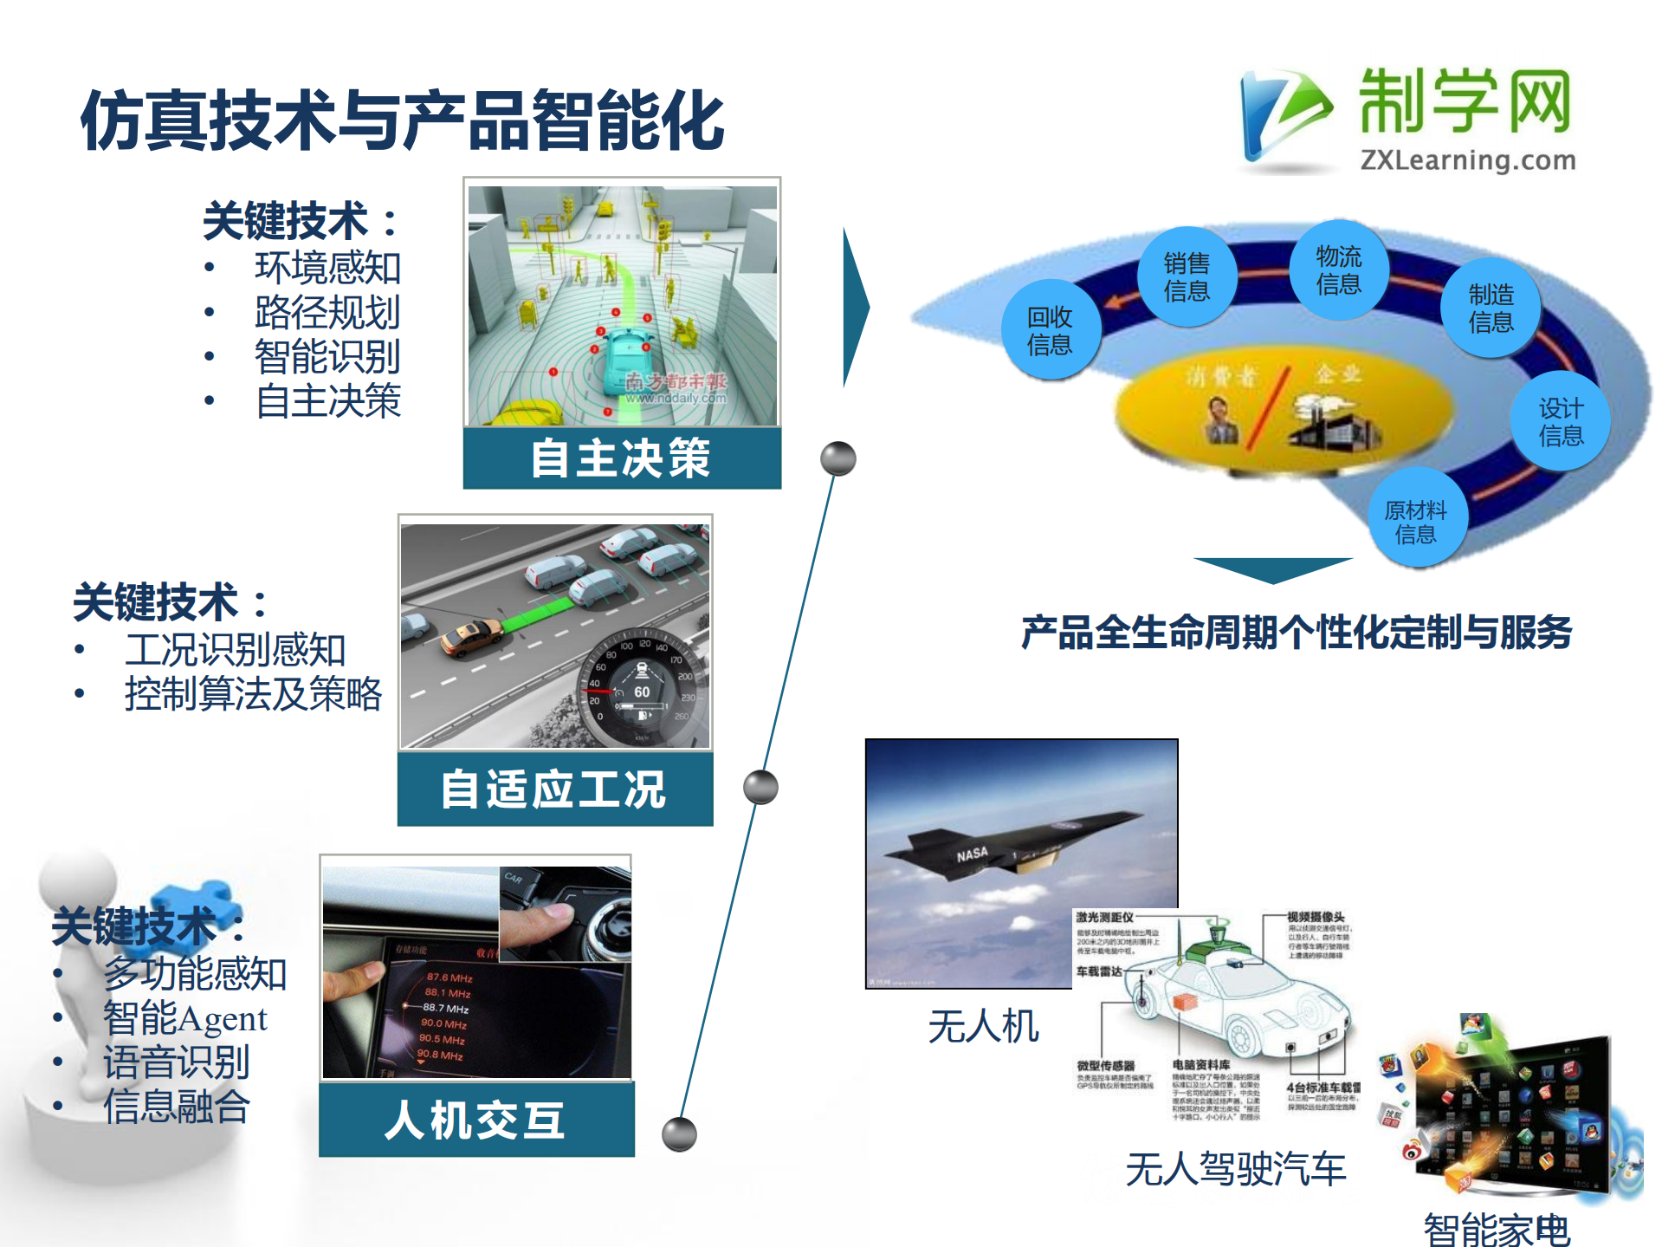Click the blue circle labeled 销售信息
pyautogui.click(x=1187, y=276)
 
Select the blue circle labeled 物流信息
pyautogui.click(x=1338, y=270)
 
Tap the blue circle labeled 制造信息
pyautogui.click(x=1491, y=308)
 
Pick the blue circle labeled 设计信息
pyautogui.click(x=1561, y=421)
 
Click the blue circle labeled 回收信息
pyautogui.click(x=1050, y=330)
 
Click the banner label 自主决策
pyautogui.click(x=621, y=458)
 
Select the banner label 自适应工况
pyautogui.click(x=554, y=789)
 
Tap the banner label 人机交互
pyautogui.click(x=475, y=1120)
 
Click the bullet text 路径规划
pyautogui.click(x=327, y=312)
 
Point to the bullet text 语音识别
pyautogui.click(x=177, y=1062)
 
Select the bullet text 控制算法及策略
pyautogui.click(x=253, y=694)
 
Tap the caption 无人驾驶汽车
pyautogui.click(x=1235, y=1169)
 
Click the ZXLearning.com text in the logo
pyautogui.click(x=1467, y=160)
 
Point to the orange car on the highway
pyautogui.click(x=471, y=637)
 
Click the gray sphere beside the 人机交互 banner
pyautogui.click(x=679, y=1133)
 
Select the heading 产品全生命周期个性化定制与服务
pyautogui.click(x=1296, y=633)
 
